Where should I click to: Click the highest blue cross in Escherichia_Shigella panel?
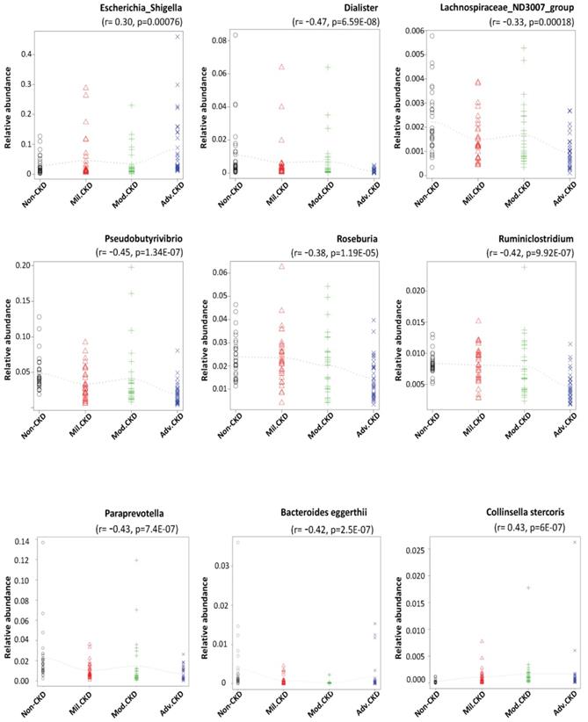(x=178, y=36)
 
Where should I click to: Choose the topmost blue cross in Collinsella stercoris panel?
(x=575, y=542)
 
